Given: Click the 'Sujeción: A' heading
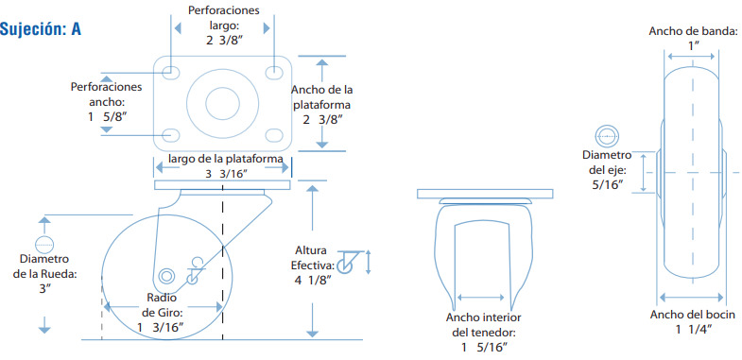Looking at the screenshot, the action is tap(41, 29).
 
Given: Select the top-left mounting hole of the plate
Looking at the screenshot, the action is tap(170, 73).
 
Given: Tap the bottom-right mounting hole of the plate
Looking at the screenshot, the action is tap(273, 135).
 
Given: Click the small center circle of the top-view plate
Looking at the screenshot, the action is tap(222, 101).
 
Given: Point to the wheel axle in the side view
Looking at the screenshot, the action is tap(166, 276).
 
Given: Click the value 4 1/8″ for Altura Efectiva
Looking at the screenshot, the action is tap(312, 280).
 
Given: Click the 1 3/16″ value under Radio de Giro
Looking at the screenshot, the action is tap(160, 327).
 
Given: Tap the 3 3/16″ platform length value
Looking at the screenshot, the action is tap(227, 174).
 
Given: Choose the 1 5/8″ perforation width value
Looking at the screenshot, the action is tap(108, 116).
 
